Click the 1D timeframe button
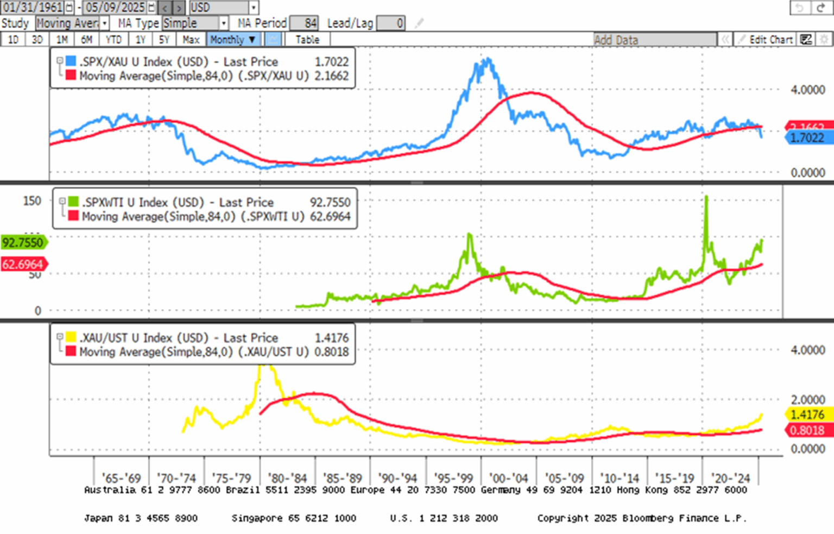[x=13, y=40]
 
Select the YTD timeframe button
[x=113, y=40]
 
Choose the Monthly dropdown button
[x=233, y=40]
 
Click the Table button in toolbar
[x=307, y=40]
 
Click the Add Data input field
[x=654, y=40]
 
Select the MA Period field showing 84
[x=304, y=23]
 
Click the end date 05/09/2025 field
[x=116, y=8]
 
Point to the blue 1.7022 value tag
[x=807, y=138]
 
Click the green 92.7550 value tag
[x=23, y=242]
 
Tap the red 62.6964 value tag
[x=23, y=265]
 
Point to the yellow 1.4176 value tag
[x=807, y=414]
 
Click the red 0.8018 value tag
[x=807, y=430]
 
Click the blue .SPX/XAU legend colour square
[x=71, y=61]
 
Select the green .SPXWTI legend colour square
[x=73, y=202]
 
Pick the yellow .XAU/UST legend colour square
[x=71, y=337]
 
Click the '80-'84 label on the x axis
[x=287, y=479]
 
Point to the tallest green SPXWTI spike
[x=706, y=197]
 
